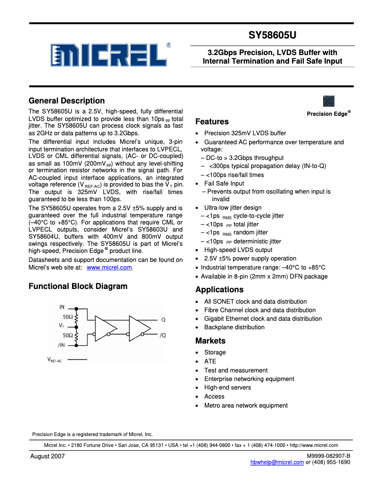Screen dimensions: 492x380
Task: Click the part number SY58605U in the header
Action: (272, 35)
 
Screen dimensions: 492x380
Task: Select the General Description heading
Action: (67, 101)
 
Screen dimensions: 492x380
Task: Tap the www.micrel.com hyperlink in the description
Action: (109, 268)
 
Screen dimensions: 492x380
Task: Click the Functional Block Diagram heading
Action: (78, 286)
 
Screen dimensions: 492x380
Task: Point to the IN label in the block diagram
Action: (62, 307)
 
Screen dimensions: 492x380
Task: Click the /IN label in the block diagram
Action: (61, 345)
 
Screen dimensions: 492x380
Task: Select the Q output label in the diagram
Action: (163, 320)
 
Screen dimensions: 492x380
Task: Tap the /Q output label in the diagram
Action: (163, 335)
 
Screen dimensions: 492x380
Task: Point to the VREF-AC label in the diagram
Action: (54, 360)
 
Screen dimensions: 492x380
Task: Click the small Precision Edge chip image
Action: (329, 101)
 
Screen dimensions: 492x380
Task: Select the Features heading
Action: (212, 121)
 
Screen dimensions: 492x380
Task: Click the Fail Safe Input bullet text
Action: (224, 184)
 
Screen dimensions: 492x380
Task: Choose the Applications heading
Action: (219, 289)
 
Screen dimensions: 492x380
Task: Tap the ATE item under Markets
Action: (210, 362)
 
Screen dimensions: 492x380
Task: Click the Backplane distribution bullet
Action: (235, 327)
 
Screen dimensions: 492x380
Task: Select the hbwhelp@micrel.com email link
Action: (277, 463)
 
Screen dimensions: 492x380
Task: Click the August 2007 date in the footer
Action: (47, 456)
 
